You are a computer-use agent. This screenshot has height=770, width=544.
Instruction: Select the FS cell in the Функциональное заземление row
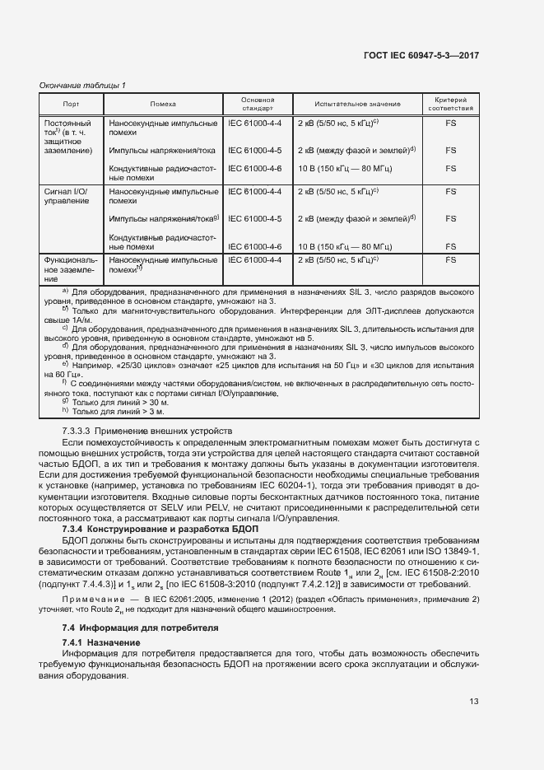point(450,259)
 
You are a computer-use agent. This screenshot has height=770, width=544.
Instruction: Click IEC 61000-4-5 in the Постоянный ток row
point(254,151)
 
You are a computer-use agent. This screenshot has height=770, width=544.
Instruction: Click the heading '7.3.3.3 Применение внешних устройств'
point(148,431)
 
